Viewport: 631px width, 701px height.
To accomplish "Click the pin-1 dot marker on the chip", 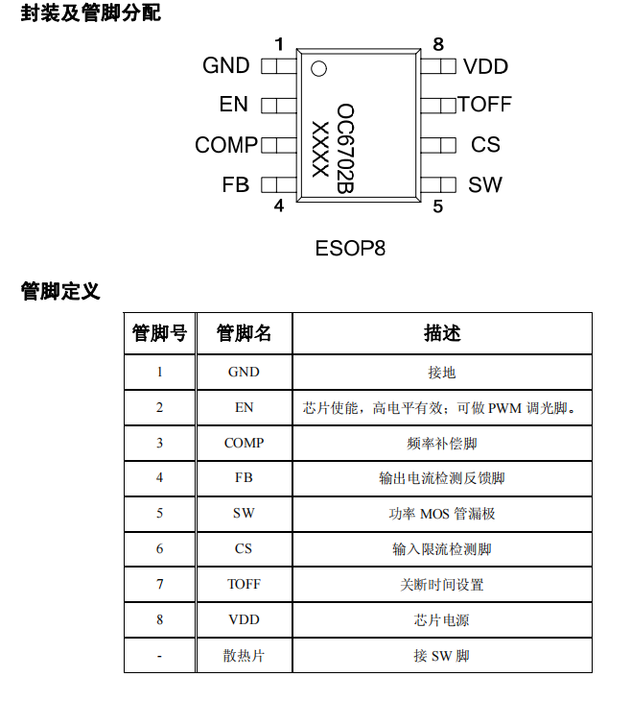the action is tap(318, 69).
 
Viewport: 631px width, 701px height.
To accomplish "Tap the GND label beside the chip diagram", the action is tap(226, 65).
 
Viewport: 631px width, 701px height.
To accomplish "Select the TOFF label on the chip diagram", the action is tap(484, 104).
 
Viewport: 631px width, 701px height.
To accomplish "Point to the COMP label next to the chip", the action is tap(226, 145).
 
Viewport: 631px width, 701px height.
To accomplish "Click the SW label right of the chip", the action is tap(485, 184).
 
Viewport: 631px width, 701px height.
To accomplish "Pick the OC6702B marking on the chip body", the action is tap(345, 149).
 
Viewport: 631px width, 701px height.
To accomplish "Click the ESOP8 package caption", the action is tap(350, 248).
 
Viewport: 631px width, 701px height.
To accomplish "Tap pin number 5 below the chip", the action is tap(437, 206).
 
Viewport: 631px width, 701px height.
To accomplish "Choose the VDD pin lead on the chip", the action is tap(438, 66).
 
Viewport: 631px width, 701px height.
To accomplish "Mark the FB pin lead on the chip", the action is tap(279, 184).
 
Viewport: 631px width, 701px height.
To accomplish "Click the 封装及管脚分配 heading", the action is tap(91, 12).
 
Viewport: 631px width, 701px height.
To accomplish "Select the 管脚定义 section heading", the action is tap(60, 291).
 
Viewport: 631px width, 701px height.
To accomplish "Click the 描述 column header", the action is tap(442, 333).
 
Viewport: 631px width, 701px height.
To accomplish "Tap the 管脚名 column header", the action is tap(244, 333).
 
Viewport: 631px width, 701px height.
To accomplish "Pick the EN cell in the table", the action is tap(244, 407).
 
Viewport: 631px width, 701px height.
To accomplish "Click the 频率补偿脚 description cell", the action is tap(442, 443).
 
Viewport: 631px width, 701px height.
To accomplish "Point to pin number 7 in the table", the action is tap(159, 584).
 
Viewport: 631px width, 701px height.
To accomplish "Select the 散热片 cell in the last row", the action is tap(244, 656).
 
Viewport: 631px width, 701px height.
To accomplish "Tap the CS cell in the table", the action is tap(244, 548).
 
